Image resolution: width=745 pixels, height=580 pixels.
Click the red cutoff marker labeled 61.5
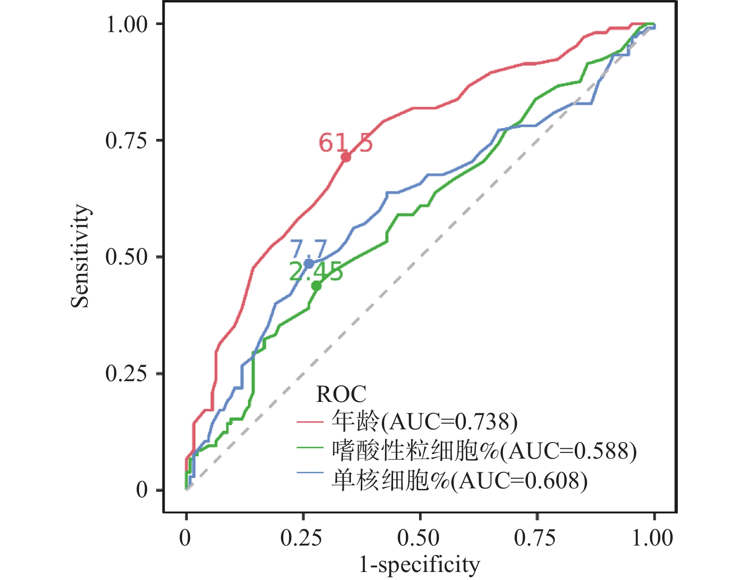[346, 157]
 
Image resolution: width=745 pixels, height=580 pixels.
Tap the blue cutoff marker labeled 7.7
[308, 264]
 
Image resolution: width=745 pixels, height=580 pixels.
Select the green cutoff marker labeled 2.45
[316, 286]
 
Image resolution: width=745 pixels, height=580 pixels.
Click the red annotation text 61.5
[345, 142]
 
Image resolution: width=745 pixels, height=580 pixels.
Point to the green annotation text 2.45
[316, 272]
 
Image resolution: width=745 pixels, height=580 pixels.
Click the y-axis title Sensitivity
[80, 256]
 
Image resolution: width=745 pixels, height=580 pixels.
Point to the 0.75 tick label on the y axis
[127, 140]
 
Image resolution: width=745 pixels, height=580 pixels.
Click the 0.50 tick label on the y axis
[127, 257]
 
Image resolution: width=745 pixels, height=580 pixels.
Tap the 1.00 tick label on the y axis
[127, 24]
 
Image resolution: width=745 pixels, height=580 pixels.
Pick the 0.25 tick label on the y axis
[127, 374]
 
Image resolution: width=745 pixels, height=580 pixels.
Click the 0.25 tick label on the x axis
[301, 538]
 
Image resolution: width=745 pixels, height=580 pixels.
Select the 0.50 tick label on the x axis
[419, 538]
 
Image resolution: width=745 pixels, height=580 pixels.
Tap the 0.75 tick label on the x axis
[535, 538]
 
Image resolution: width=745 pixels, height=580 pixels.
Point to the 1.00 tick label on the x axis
[653, 538]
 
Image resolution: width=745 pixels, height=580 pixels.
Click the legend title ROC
[341, 394]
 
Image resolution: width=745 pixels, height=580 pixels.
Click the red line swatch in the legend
[310, 421]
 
